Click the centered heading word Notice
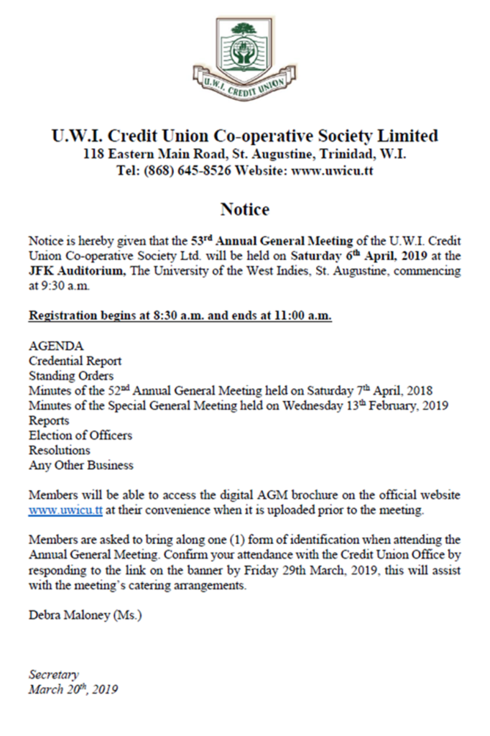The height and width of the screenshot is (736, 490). tap(244, 210)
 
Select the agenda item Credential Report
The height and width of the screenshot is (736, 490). tap(75, 361)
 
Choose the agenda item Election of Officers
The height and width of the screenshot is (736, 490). tap(80, 436)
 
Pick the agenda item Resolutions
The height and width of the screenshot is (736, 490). tap(59, 451)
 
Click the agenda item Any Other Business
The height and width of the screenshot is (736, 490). tap(81, 466)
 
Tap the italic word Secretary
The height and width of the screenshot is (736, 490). tap(54, 675)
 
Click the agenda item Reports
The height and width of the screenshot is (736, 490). tap(49, 420)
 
